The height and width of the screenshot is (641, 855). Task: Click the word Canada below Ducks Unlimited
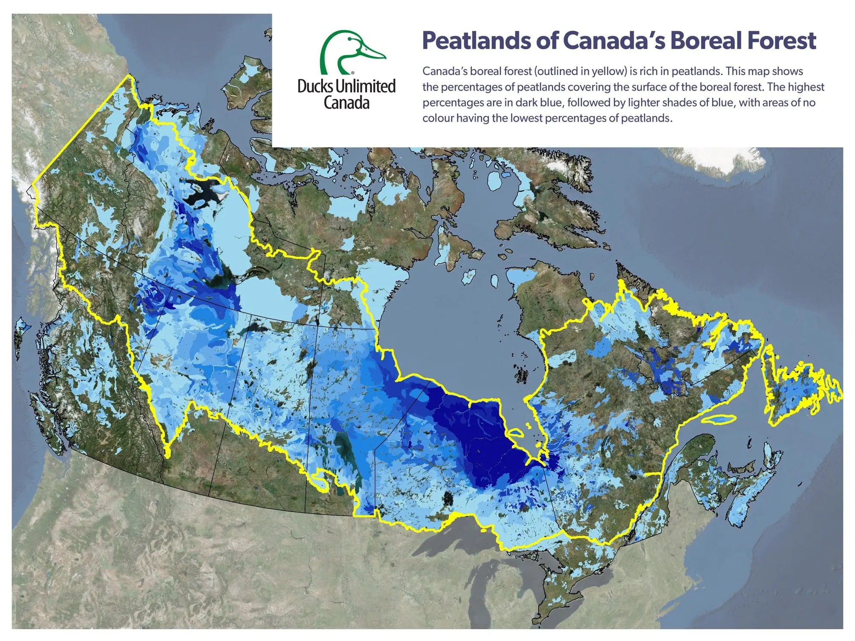pyautogui.click(x=346, y=103)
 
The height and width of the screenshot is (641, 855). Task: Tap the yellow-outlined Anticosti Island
pyautogui.click(x=718, y=420)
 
